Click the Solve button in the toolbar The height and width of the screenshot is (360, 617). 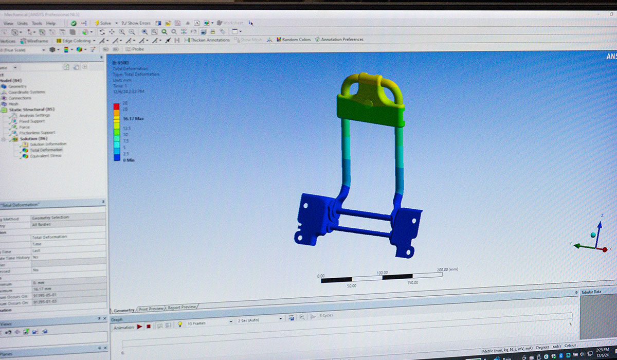(x=102, y=23)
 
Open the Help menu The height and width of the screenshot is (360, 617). (x=50, y=23)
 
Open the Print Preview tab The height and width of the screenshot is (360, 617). (x=151, y=309)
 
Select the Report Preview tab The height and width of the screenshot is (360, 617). (x=182, y=308)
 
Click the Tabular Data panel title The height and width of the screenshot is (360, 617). (x=591, y=292)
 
